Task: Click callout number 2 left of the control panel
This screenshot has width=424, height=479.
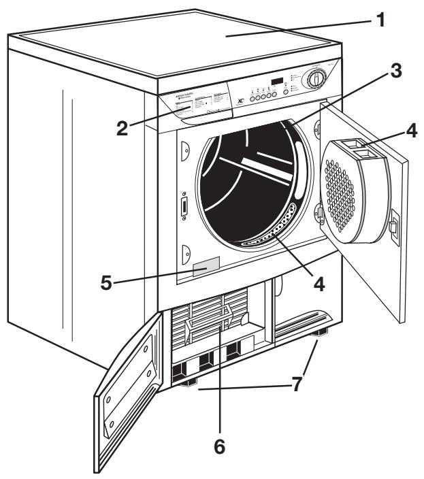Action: tap(124, 129)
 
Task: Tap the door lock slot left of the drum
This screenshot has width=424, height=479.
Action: tap(183, 208)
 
